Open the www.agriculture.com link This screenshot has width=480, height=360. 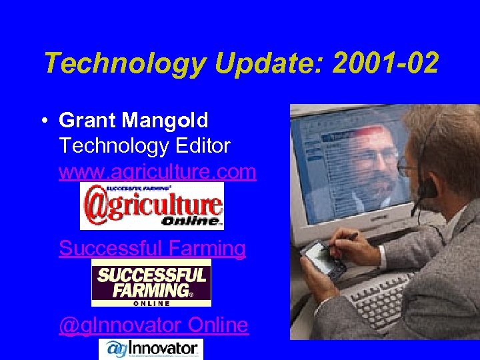coord(157,172)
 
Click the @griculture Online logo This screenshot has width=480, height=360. coord(151,206)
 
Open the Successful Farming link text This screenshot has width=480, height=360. coord(152,249)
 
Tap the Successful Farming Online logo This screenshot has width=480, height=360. coord(151,283)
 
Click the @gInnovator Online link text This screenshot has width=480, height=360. coord(153,325)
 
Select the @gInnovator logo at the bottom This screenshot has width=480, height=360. coord(151,349)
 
